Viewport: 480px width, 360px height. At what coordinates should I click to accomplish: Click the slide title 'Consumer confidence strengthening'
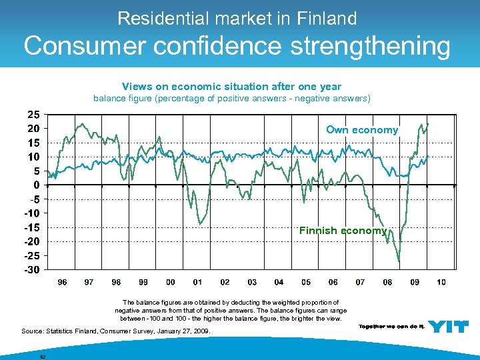coord(237,46)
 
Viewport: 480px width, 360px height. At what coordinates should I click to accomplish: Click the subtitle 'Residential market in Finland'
coord(237,18)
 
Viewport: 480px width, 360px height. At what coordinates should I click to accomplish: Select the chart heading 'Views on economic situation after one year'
coord(231,86)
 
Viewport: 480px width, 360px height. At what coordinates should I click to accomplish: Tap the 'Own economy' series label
coord(361,130)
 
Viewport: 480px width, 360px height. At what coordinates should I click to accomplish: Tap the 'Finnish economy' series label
coord(343,231)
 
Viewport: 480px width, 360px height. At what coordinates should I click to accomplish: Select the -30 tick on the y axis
coord(31,269)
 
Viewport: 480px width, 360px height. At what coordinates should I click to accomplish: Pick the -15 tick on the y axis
coord(31,227)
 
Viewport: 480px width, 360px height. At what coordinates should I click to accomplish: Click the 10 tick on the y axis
coord(33,157)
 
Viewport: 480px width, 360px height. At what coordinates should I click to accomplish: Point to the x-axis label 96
coord(62,283)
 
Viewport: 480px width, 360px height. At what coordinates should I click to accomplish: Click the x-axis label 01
coord(197,283)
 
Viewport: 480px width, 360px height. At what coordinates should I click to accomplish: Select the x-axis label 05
coord(306,283)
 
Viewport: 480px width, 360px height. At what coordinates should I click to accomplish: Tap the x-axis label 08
coord(387,283)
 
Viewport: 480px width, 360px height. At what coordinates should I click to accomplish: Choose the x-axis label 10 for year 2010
coord(441,283)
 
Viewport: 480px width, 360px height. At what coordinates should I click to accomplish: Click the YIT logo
coord(448,326)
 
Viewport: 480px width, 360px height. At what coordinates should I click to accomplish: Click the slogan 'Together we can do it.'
coord(391,327)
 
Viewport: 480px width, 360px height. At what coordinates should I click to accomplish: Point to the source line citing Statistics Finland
coord(115,331)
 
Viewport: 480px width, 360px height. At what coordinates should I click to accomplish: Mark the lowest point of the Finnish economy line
coord(399,261)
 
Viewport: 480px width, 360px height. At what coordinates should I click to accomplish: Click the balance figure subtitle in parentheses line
coord(231,99)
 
